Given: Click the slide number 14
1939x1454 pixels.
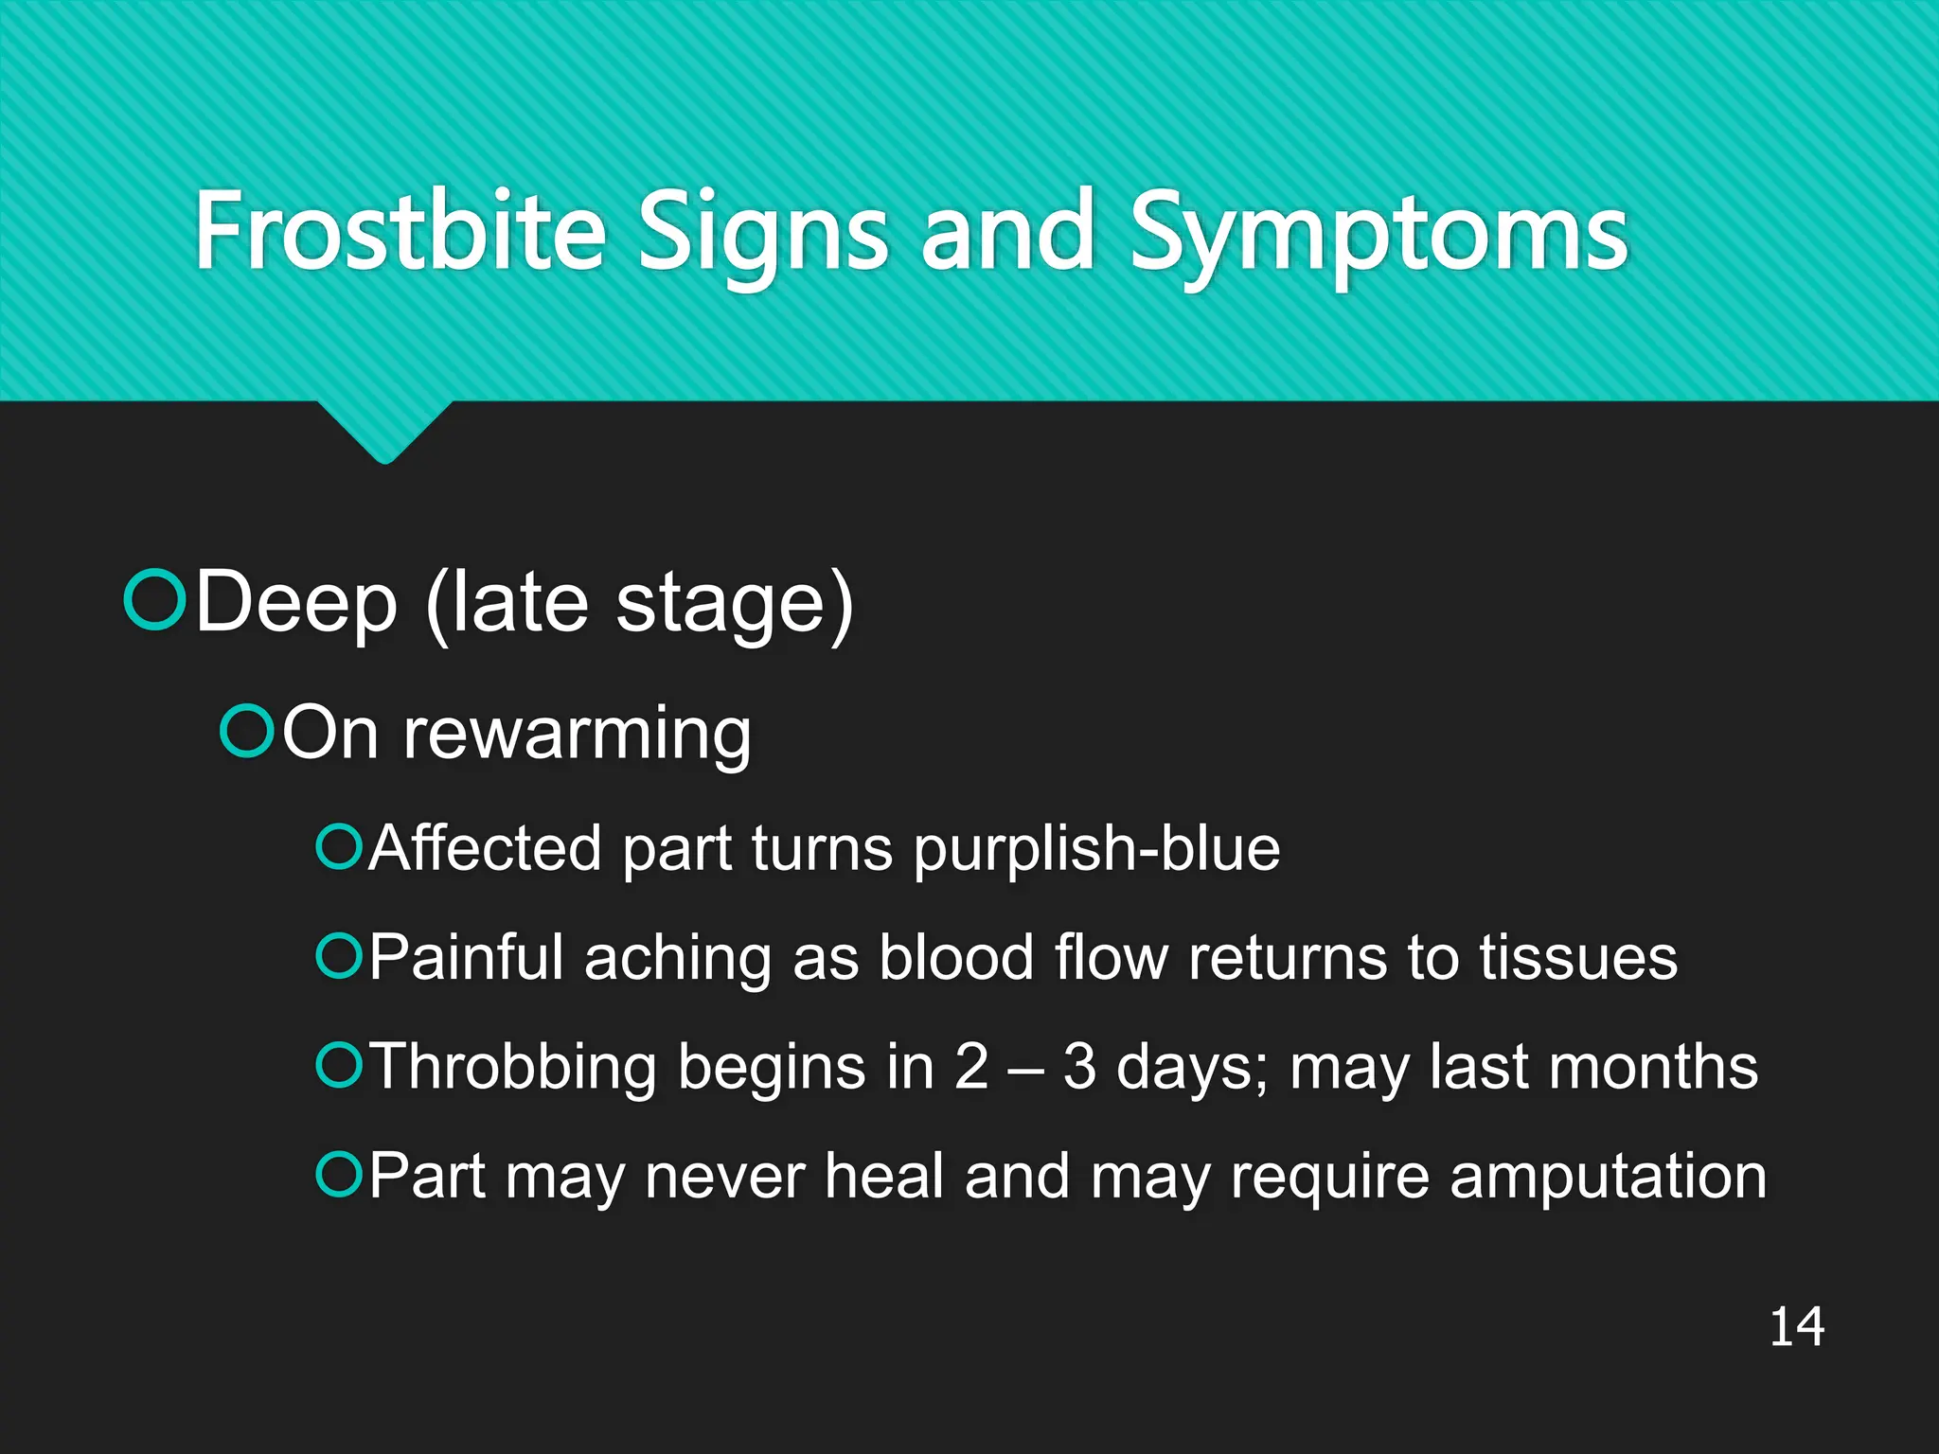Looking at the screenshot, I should point(1796,1327).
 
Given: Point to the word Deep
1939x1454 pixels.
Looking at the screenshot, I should point(296,604).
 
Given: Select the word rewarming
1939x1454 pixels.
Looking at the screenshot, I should point(578,735).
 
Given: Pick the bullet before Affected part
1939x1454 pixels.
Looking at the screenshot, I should point(338,846).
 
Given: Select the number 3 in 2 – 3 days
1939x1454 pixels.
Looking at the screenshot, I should point(1078,1067).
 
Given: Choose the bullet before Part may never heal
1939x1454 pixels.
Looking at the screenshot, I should point(338,1174).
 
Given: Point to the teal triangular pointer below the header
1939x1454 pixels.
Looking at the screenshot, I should point(384,431).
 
